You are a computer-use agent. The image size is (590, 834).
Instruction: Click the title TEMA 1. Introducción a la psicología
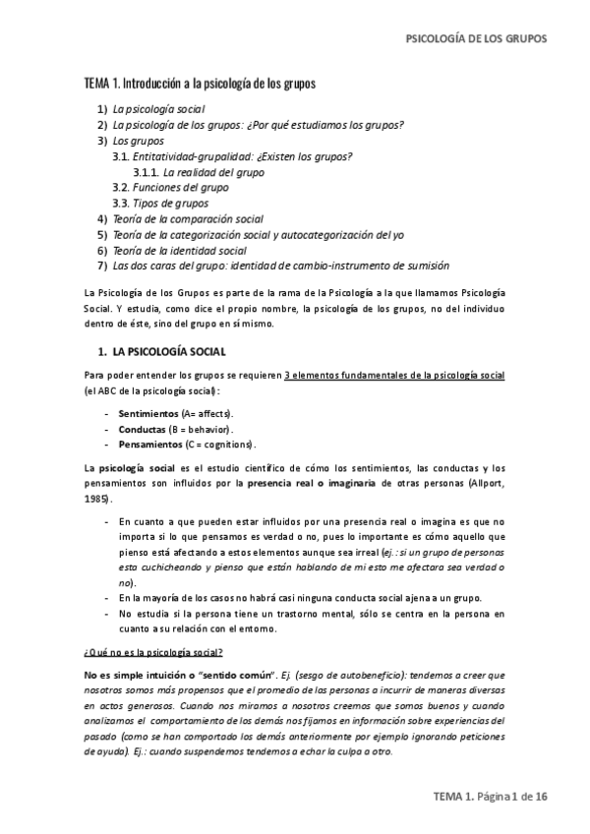[x=200, y=85]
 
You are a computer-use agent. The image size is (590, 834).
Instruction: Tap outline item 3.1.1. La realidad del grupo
[x=213, y=172]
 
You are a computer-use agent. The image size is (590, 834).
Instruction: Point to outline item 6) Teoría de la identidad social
[x=180, y=250]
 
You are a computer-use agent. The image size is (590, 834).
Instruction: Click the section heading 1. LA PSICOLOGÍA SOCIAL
[x=163, y=351]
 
